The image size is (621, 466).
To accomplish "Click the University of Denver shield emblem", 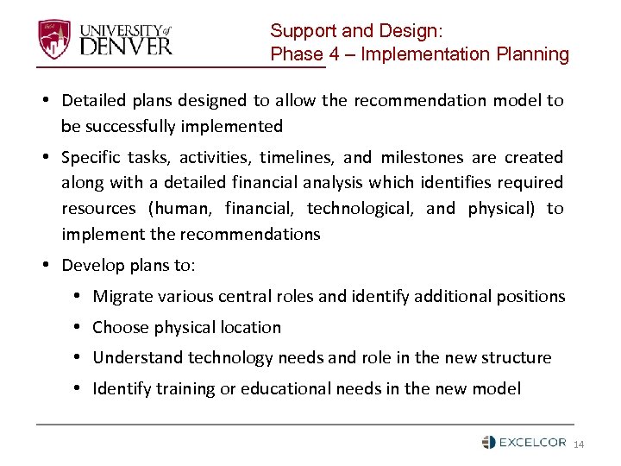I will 54,38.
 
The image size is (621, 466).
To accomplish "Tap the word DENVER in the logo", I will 126,45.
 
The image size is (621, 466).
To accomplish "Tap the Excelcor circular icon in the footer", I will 488,442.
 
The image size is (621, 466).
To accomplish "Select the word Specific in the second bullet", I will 93,158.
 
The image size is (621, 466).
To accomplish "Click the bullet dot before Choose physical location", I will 78,328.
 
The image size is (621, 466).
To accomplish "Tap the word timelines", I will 295,158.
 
